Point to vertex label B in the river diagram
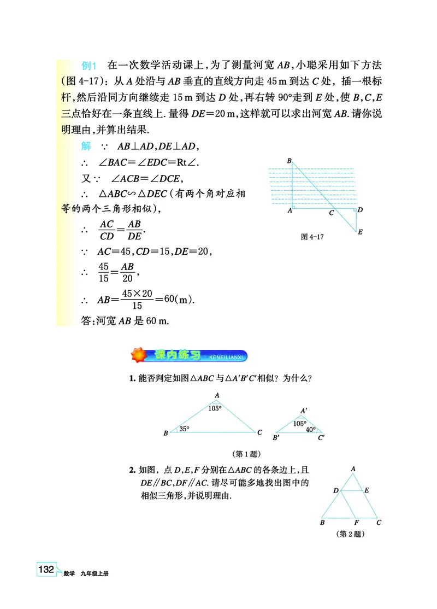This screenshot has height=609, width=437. (288, 160)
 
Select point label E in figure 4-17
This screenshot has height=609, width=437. (360, 232)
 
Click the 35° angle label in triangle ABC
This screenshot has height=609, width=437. (184, 429)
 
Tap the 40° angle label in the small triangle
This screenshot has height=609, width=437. (310, 430)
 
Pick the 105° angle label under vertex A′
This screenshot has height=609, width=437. (299, 423)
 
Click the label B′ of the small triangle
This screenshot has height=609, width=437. (276, 438)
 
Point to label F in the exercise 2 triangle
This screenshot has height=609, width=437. (356, 523)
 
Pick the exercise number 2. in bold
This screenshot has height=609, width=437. (132, 469)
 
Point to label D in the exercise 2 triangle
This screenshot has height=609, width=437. (335, 490)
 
